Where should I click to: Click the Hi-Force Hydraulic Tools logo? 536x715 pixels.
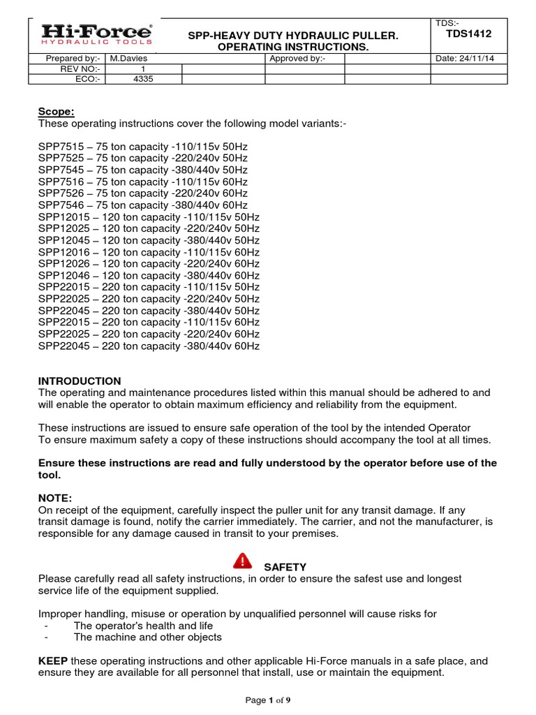[96, 35]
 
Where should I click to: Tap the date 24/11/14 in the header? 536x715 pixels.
[465, 59]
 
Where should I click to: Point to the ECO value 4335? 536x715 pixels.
[142, 79]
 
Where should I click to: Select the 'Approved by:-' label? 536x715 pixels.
[297, 59]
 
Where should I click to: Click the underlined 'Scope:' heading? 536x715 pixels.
[56, 112]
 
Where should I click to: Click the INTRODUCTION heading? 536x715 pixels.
[80, 381]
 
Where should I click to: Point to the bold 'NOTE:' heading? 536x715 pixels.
[55, 498]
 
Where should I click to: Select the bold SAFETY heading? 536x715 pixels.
[285, 567]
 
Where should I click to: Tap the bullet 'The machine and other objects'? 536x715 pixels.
[147, 637]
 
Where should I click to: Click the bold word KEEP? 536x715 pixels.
[52, 661]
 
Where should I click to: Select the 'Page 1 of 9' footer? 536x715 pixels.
[268, 700]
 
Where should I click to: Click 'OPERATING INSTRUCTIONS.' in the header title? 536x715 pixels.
[294, 46]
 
